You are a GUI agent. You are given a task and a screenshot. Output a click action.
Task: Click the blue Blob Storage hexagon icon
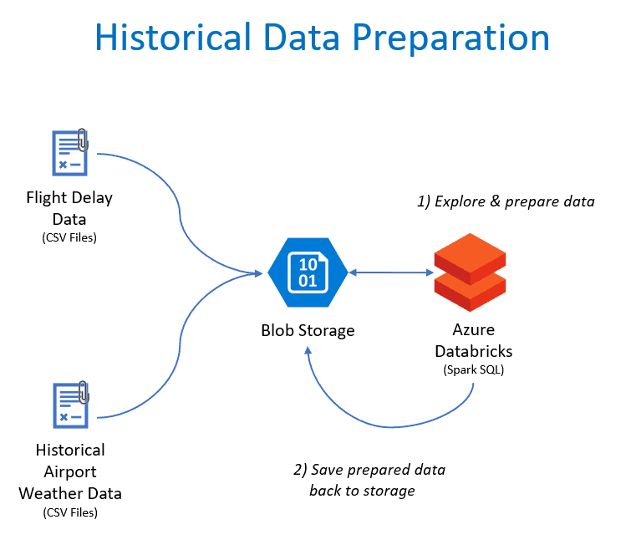point(307,272)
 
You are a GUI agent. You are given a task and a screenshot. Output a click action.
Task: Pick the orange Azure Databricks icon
point(470,272)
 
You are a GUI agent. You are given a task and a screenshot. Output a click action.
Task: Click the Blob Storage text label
point(307,330)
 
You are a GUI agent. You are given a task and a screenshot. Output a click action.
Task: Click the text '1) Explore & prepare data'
point(506,201)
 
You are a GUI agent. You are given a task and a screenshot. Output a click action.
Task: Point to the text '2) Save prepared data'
point(369,470)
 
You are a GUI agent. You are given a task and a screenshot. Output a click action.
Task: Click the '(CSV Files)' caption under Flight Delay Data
point(69,237)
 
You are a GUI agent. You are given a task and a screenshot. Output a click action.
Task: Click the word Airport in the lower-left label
point(70,471)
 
